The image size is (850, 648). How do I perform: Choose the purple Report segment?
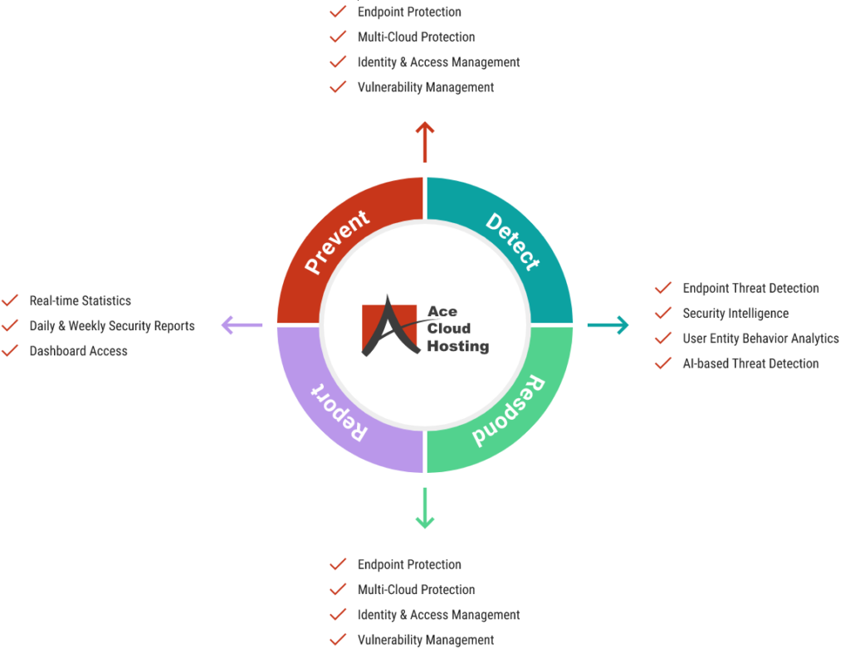pyautogui.click(x=336, y=412)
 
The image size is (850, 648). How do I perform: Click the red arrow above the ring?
pyautogui.click(x=425, y=142)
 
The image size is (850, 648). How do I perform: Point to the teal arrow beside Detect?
pyautogui.click(x=608, y=325)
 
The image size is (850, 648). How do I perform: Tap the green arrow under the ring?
pyautogui.click(x=425, y=508)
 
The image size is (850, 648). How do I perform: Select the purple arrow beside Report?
pyautogui.click(x=242, y=325)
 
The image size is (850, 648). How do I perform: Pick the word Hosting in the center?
pyautogui.click(x=457, y=346)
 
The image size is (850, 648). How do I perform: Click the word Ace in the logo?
pyautogui.click(x=442, y=311)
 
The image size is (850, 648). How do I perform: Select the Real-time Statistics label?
pyautogui.click(x=80, y=300)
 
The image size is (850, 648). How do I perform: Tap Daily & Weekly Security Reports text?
pyautogui.click(x=112, y=326)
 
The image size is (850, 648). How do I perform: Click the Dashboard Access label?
pyautogui.click(x=78, y=351)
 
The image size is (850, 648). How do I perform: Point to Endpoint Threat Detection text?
pyautogui.click(x=750, y=288)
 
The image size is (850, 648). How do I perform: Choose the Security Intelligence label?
pyautogui.click(x=735, y=314)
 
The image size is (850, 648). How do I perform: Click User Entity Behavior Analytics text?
pyautogui.click(x=760, y=339)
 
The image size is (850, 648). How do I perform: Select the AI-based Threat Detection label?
pyautogui.click(x=750, y=363)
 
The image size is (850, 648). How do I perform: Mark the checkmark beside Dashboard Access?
pyautogui.click(x=10, y=350)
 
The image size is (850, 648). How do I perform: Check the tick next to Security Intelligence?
pyautogui.click(x=663, y=313)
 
